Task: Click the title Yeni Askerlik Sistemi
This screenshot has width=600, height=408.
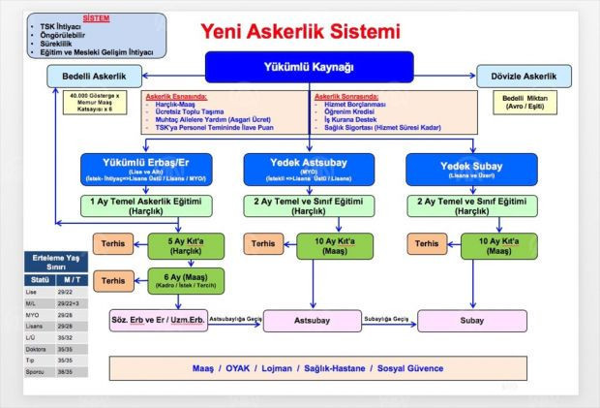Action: coord(300,31)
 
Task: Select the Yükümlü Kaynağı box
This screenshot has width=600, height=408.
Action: coord(309,66)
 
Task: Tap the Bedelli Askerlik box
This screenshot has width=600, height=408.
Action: coord(96,74)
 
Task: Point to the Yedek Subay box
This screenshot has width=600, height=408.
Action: coord(471,167)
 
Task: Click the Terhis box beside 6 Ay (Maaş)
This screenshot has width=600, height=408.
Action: coord(114,280)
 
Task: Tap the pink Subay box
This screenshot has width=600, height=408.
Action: coord(471,319)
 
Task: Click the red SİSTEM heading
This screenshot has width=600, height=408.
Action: coord(95,18)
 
